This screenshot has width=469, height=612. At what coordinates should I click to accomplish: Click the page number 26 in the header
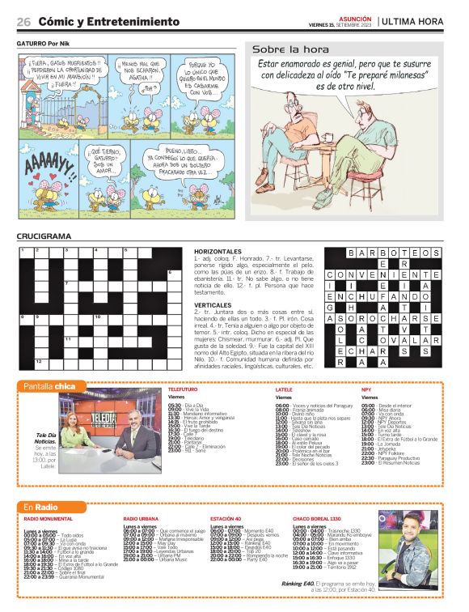click(23, 21)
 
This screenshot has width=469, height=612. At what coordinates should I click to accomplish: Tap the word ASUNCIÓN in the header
click(354, 17)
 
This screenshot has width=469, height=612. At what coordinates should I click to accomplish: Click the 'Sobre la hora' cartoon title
click(280, 49)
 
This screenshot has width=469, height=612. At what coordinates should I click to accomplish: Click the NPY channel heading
click(366, 390)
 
